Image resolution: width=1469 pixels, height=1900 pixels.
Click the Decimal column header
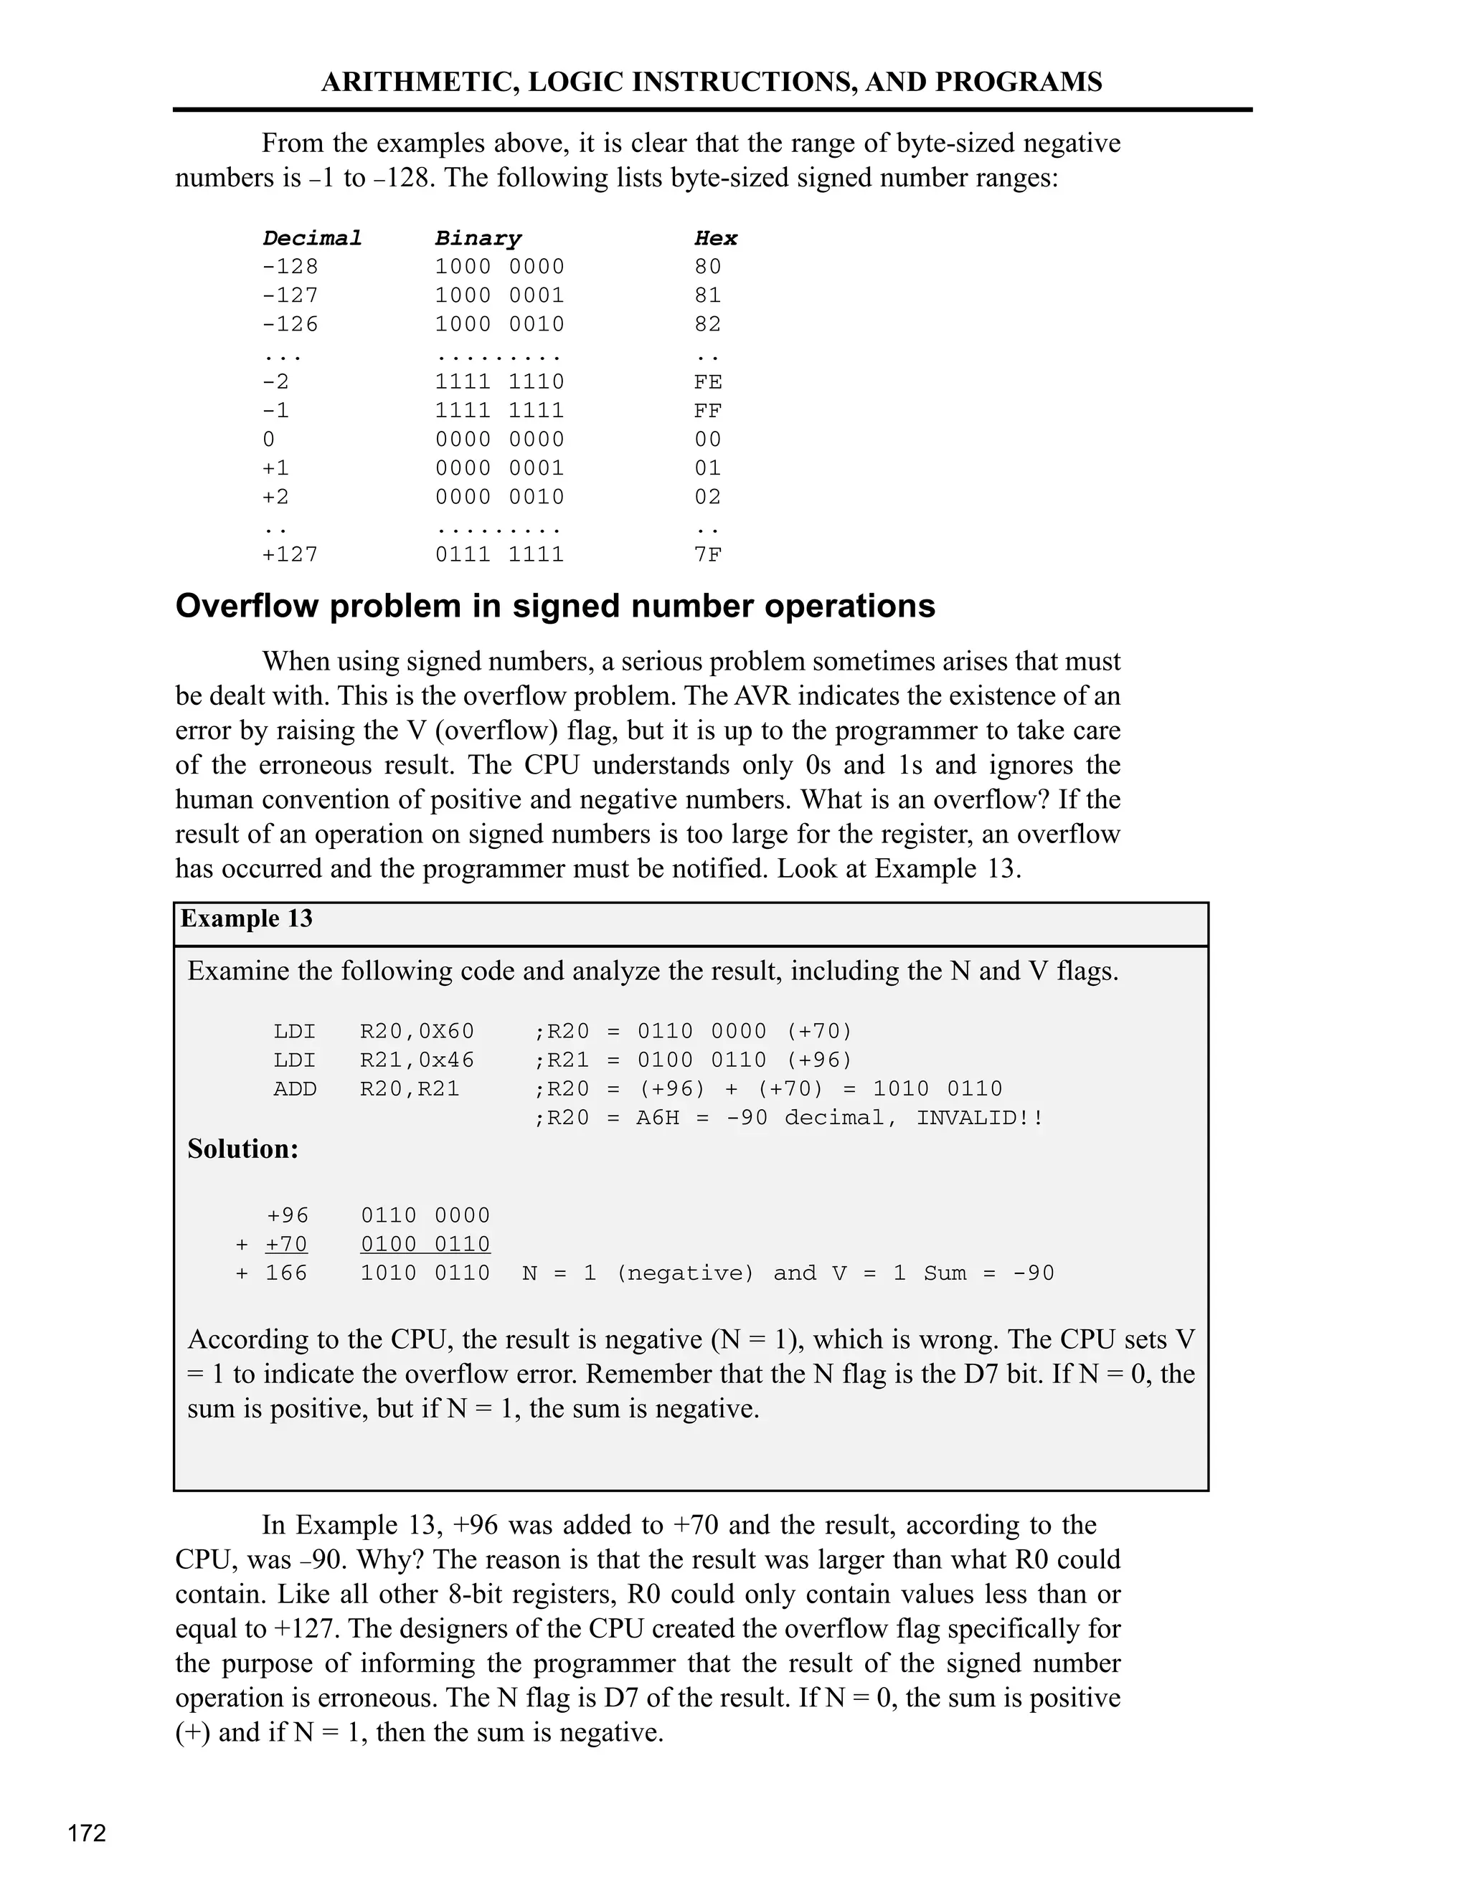click(x=311, y=237)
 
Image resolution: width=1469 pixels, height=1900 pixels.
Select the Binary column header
click(x=478, y=237)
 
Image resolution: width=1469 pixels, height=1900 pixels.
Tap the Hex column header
click(x=715, y=237)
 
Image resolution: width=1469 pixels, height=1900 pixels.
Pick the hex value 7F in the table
click(x=707, y=554)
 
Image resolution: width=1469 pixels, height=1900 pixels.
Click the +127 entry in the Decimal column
click(x=291, y=554)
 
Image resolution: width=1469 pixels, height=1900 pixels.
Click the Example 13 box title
click(x=246, y=918)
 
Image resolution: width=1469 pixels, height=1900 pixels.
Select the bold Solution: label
click(x=243, y=1149)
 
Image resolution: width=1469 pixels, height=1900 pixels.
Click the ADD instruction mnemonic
click(x=295, y=1088)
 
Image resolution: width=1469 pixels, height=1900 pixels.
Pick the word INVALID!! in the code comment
click(x=979, y=1117)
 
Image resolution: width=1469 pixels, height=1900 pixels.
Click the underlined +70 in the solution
click(x=287, y=1244)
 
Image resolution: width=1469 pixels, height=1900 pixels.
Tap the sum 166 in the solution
click(x=287, y=1273)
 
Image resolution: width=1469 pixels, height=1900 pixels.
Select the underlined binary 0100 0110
click(x=425, y=1244)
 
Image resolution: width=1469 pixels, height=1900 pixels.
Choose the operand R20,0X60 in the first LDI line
click(x=417, y=1031)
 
